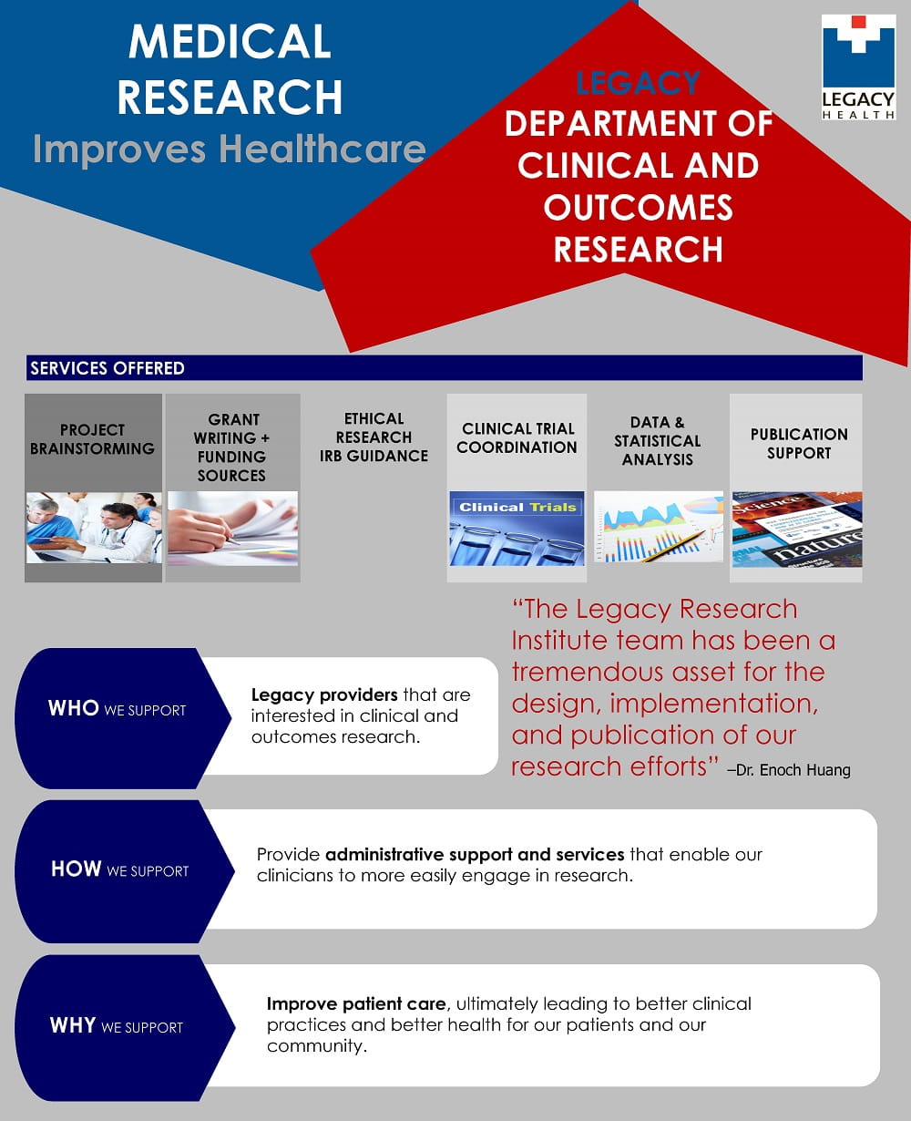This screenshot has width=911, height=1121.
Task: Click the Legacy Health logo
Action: tap(858, 67)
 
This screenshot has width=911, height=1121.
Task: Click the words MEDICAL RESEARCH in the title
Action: tap(230, 69)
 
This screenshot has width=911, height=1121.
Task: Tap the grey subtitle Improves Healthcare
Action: tap(229, 149)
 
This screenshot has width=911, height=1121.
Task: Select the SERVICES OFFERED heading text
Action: tap(107, 368)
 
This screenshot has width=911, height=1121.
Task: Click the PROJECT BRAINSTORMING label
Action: tap(92, 439)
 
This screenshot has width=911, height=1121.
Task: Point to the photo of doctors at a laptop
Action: tap(93, 528)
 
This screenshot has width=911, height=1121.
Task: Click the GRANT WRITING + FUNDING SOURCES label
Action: tap(232, 447)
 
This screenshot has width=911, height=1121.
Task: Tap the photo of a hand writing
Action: tap(232, 528)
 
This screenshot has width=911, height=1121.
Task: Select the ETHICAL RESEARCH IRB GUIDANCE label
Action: tap(374, 437)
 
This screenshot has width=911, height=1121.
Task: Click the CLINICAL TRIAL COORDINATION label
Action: tap(517, 437)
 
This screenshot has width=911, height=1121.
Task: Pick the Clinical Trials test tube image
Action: tap(517, 529)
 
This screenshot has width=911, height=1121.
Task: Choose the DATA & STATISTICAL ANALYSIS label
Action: tap(657, 440)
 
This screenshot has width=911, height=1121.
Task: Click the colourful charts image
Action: tap(658, 528)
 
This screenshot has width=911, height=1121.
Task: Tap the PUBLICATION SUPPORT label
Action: tap(798, 443)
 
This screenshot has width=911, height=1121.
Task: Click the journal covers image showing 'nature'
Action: tap(796, 530)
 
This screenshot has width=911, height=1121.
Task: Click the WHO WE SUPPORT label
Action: tap(117, 709)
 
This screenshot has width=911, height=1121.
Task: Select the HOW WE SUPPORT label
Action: tap(119, 869)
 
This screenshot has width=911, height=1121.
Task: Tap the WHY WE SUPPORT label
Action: tap(117, 1025)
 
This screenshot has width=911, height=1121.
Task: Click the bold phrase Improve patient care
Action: tap(356, 1003)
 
